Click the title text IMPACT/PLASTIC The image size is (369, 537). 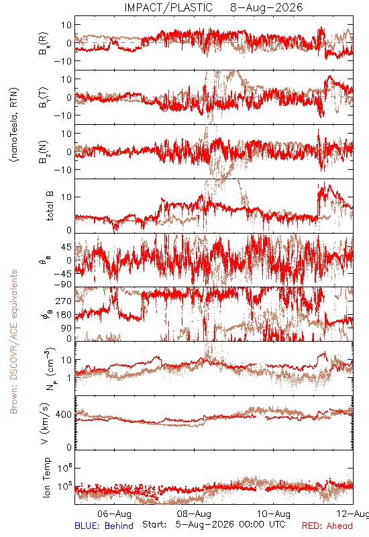click(168, 7)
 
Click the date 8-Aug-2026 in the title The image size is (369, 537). click(266, 7)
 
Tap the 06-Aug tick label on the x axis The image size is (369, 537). click(114, 514)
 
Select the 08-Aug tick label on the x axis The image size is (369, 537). click(194, 514)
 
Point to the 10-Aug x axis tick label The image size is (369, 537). click(274, 514)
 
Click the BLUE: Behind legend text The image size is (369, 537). click(104, 526)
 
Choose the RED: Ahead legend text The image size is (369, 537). click(327, 526)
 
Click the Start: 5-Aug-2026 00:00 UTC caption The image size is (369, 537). click(214, 524)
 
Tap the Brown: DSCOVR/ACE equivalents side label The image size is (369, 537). click(13, 342)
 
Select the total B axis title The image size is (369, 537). click(50, 206)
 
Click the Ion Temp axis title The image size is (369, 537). click(46, 477)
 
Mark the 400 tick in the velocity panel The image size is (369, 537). click(64, 414)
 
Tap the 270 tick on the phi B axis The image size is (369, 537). click(64, 301)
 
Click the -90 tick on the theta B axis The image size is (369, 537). click(62, 285)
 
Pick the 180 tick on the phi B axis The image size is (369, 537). click(64, 315)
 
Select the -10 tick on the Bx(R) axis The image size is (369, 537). click(62, 61)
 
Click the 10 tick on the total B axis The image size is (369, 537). click(66, 197)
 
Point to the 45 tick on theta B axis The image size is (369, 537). click(66, 247)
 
